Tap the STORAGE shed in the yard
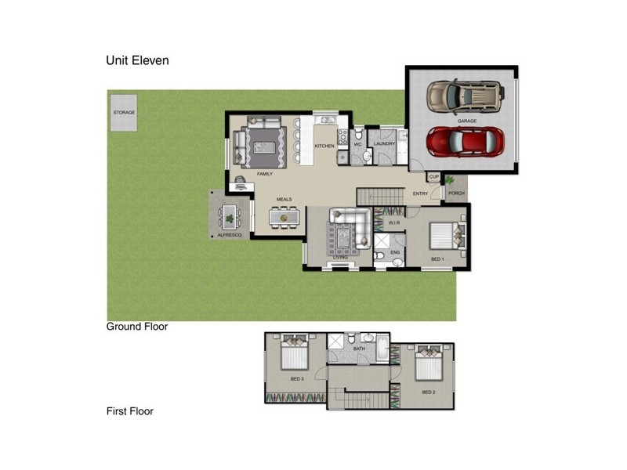tap(124, 113)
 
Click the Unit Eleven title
tap(137, 60)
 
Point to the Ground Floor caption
tap(137, 327)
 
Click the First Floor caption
tap(130, 411)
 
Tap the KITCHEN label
tap(324, 146)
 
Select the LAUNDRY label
tap(384, 144)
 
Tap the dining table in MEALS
tap(284, 215)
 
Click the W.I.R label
tap(396, 223)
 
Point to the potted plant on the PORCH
tap(451, 183)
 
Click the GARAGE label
tap(467, 121)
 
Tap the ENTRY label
tap(421, 193)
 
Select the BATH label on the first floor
tap(359, 348)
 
